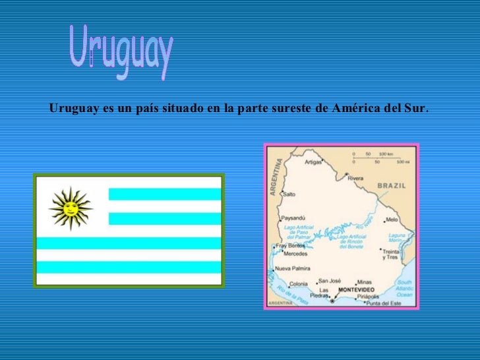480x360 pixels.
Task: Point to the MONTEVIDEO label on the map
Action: [356, 290]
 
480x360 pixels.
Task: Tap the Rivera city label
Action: [355, 178]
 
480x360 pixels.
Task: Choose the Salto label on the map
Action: [289, 194]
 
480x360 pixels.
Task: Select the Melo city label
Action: [392, 219]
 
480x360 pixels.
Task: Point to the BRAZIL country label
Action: [392, 186]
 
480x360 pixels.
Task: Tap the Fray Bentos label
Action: [291, 245]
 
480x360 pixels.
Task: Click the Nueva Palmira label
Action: [291, 269]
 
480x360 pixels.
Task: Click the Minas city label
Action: [365, 282]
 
